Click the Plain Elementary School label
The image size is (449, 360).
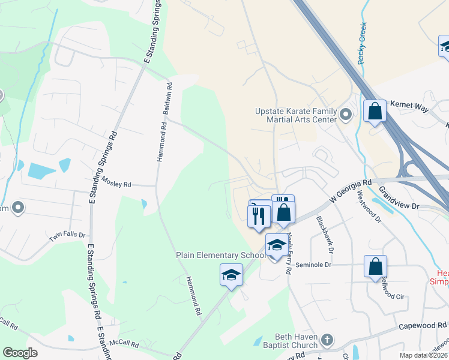click(x=220, y=255)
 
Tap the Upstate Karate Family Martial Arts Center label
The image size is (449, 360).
click(x=296, y=115)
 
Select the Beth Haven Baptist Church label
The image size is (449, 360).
click(x=295, y=341)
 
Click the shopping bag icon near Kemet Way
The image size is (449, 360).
click(x=375, y=111)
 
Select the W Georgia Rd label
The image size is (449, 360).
click(x=351, y=190)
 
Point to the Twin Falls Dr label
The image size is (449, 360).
click(x=67, y=238)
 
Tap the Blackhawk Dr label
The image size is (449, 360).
click(x=328, y=234)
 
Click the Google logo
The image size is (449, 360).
click(x=20, y=353)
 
